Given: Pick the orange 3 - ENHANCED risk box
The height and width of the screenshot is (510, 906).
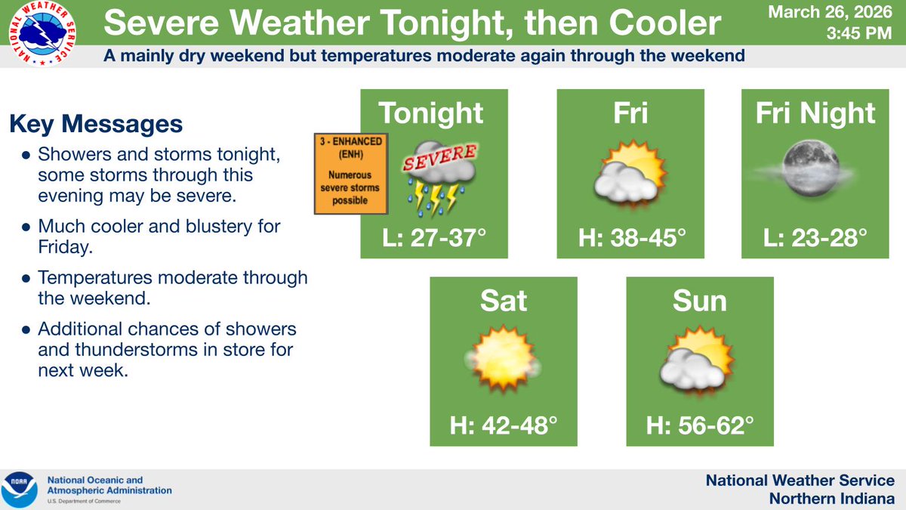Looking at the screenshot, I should [350, 173].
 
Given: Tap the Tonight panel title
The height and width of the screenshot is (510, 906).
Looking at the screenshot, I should [431, 113].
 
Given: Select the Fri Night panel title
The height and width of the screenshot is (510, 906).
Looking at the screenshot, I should [815, 113].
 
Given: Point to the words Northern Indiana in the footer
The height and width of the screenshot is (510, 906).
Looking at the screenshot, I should [831, 499].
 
